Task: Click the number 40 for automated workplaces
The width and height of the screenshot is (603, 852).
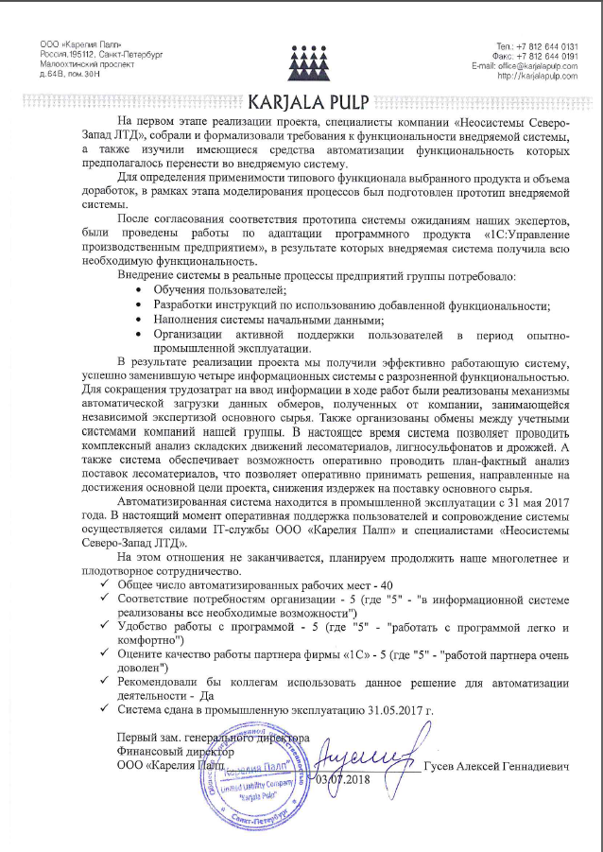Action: [x=374, y=585]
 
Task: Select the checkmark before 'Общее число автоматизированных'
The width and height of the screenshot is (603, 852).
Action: [x=103, y=586]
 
